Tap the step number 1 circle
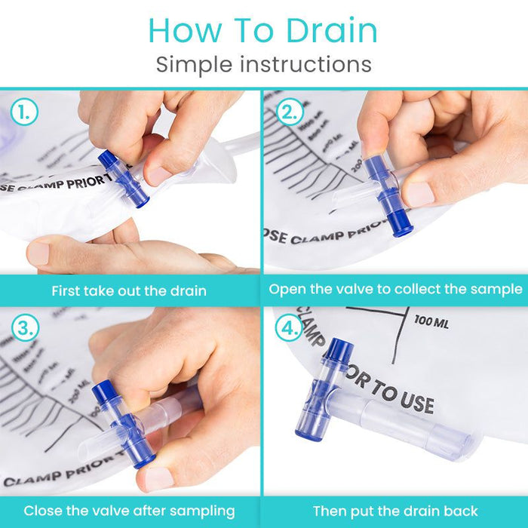[x=25, y=113]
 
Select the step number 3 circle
[x=25, y=328]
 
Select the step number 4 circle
[x=289, y=328]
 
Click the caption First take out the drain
[x=130, y=290]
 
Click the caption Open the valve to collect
[x=395, y=289]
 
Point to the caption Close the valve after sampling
[x=130, y=511]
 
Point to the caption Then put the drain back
[x=395, y=511]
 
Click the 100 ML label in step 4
[x=431, y=323]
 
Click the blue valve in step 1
[x=123, y=179]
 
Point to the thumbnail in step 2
[x=419, y=194]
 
